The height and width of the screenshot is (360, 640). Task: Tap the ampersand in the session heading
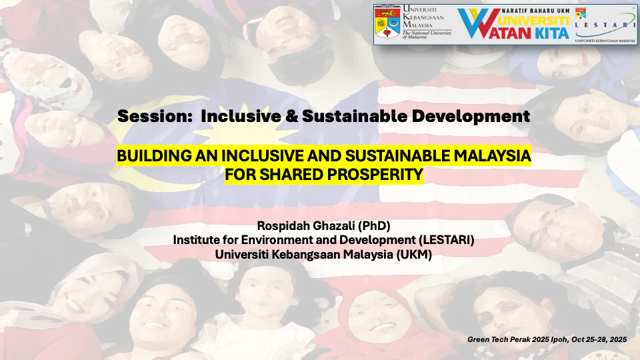pyautogui.click(x=292, y=116)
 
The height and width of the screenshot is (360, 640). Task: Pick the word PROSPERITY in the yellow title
pyautogui.click(x=375, y=175)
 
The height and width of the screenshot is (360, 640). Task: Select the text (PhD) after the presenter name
pyautogui.click(x=374, y=226)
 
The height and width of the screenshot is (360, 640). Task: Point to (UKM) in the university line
pyautogui.click(x=414, y=255)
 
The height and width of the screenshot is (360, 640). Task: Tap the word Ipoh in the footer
pyautogui.click(x=559, y=339)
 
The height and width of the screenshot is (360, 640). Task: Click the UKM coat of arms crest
pyautogui.click(x=387, y=23)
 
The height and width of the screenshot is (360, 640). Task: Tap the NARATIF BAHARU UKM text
pyautogui.click(x=535, y=11)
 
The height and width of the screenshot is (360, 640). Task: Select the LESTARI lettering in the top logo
pyautogui.click(x=605, y=25)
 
